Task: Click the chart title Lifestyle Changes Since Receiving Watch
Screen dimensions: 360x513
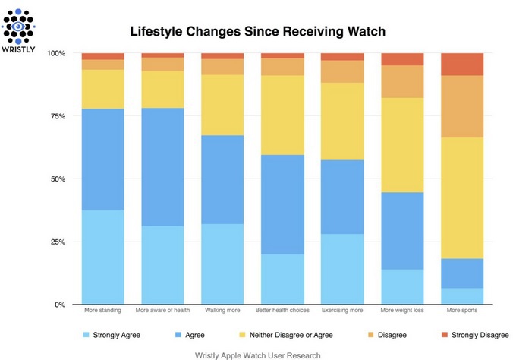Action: pos(258,32)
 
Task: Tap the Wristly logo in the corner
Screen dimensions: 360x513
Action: pos(17,25)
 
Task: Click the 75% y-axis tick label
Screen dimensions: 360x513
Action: pos(59,116)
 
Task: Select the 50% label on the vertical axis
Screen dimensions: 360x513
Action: pos(59,179)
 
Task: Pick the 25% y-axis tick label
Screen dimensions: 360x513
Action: pos(59,242)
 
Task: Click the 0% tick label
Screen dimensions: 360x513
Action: pos(61,305)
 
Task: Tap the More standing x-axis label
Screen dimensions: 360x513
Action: pos(102,311)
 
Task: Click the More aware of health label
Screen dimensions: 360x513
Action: pos(162,311)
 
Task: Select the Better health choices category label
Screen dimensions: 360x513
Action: pos(282,311)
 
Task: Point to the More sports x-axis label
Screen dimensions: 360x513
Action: pos(462,311)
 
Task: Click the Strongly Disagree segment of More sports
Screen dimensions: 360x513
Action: pos(462,65)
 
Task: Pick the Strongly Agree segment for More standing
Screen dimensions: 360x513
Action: pos(102,257)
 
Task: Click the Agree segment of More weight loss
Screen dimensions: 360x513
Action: pos(402,231)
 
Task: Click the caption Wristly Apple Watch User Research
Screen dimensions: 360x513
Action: pos(257,355)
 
